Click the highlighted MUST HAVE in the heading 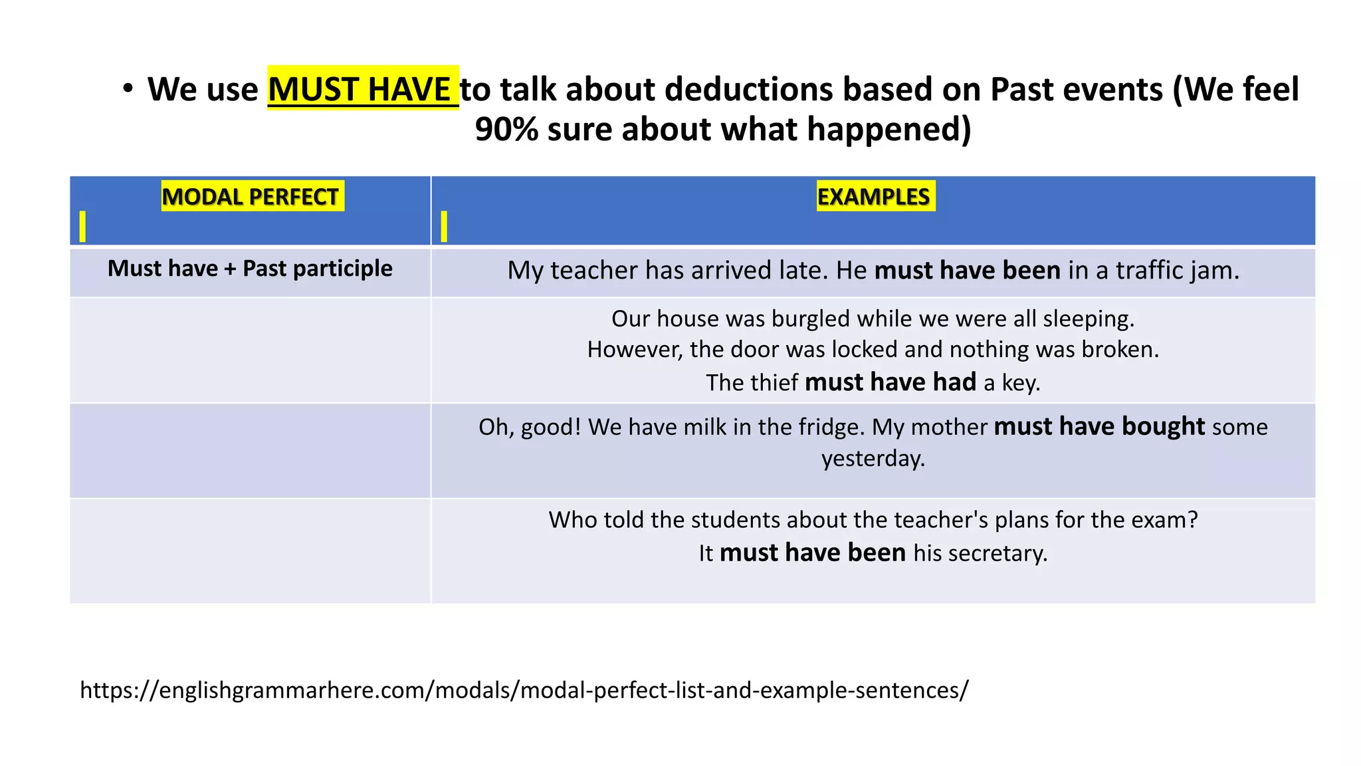[362, 88]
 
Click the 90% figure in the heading [506, 129]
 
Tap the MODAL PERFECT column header [251, 197]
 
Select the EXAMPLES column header [874, 197]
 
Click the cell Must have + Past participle [250, 269]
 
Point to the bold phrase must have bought [1099, 426]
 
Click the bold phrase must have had [890, 382]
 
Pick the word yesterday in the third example [873, 458]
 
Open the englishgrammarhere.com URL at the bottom [524, 690]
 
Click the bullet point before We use [128, 88]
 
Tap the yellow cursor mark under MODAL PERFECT [82, 226]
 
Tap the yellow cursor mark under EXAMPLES [444, 226]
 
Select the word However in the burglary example [635, 350]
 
